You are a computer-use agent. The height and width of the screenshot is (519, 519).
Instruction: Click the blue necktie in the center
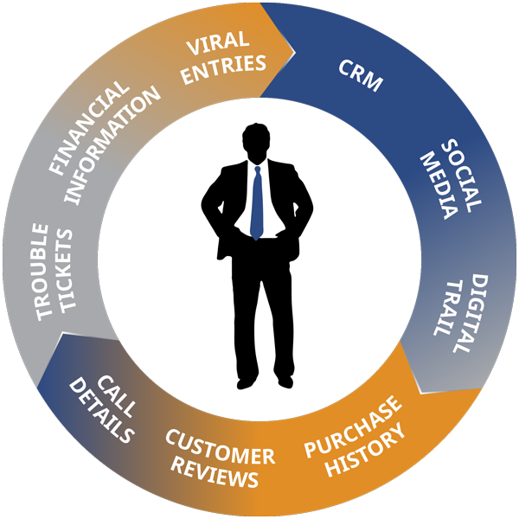click(257, 202)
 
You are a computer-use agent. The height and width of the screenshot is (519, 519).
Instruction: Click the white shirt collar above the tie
click(257, 163)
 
